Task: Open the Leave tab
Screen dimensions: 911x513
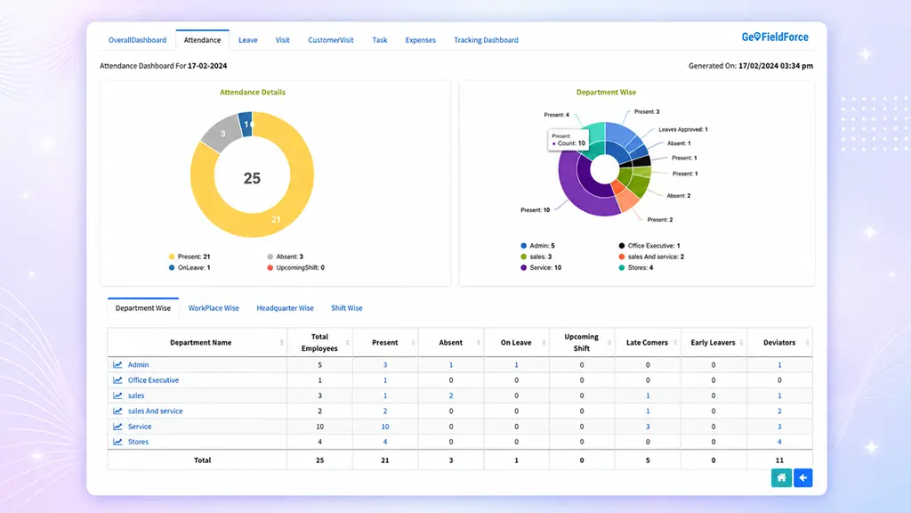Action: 248,40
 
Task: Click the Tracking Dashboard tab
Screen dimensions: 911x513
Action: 486,40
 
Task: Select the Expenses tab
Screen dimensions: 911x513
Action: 420,40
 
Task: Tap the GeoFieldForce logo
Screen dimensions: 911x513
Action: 775,37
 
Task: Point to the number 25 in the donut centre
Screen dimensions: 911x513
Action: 252,178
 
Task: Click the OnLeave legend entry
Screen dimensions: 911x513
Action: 189,267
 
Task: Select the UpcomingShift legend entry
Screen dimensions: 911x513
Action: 295,267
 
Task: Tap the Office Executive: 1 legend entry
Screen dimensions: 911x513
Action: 649,246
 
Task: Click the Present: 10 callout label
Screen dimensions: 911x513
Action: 535,210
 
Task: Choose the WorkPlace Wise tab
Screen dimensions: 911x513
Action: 214,308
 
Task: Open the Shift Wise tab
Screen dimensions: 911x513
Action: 347,308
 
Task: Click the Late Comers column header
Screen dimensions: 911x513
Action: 647,343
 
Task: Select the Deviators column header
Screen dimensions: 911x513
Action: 779,343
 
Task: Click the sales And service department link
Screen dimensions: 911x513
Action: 155,411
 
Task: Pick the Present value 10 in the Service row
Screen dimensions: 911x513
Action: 384,427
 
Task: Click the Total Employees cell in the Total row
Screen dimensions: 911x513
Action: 319,460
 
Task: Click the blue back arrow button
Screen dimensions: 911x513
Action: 803,478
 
